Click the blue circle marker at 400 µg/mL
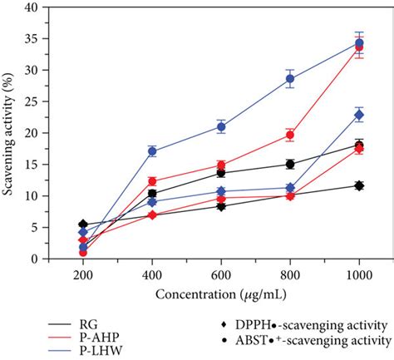tap(152, 151)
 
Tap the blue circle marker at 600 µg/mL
tap(221, 127)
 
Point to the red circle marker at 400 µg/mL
tap(152, 181)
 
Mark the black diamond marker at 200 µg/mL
tap(83, 224)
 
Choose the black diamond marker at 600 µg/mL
tap(221, 206)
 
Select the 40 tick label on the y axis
tap(33, 7)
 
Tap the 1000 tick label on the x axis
tap(359, 274)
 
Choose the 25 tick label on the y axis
tap(33, 101)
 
